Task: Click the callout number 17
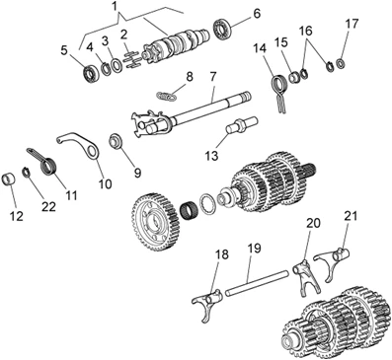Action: pos(351,24)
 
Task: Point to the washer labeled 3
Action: pos(117,65)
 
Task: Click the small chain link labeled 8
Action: pos(166,97)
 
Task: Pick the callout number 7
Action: pos(212,77)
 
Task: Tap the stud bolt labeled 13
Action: pos(242,125)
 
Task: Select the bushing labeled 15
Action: pos(294,79)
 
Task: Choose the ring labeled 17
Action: pos(341,63)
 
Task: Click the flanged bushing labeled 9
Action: pos(117,142)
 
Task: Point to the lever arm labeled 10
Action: pos(79,144)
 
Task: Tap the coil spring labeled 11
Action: pos(44,161)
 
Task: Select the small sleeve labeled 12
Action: pos(9,180)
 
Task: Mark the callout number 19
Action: pos(253,249)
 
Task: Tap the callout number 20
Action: pos(313,223)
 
